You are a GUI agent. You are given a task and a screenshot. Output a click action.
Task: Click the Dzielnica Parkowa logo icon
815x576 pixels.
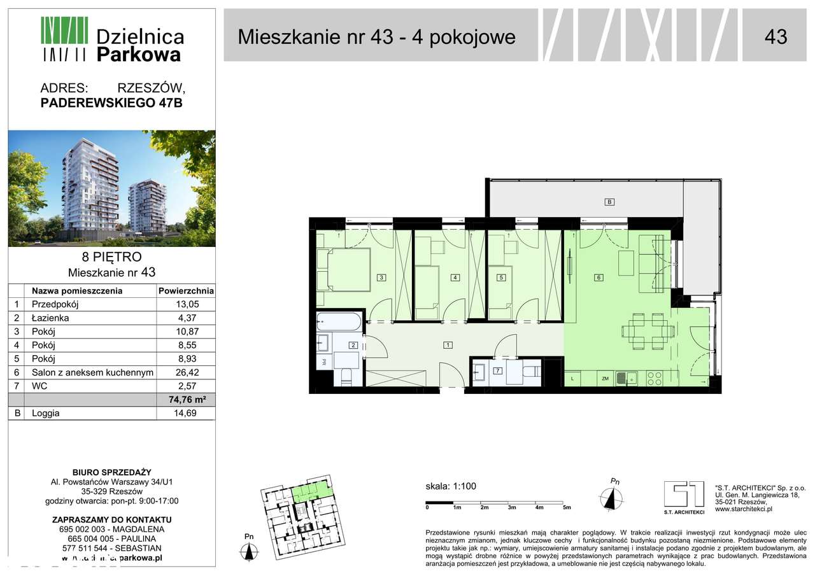coord(64,39)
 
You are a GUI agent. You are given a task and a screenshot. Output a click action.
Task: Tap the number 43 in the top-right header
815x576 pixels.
coord(775,36)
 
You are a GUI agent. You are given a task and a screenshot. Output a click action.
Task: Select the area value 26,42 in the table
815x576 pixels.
coord(185,372)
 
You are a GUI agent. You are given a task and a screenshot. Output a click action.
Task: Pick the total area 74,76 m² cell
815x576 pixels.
coord(185,400)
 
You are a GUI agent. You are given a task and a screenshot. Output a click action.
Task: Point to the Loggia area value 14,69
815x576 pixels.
coord(185,413)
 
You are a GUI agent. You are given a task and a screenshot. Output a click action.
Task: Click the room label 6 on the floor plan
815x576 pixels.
coord(599,277)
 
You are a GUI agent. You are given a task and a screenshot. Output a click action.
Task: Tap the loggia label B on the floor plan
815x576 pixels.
coord(609,202)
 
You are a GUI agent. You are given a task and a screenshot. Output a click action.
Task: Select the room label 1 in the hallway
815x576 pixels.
coord(448,345)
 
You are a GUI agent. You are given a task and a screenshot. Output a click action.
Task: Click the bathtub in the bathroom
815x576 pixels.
coord(339,321)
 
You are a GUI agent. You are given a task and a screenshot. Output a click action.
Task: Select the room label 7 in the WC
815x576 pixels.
coord(497,370)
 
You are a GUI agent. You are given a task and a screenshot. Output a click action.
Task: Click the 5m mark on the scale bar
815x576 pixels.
coord(567,507)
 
